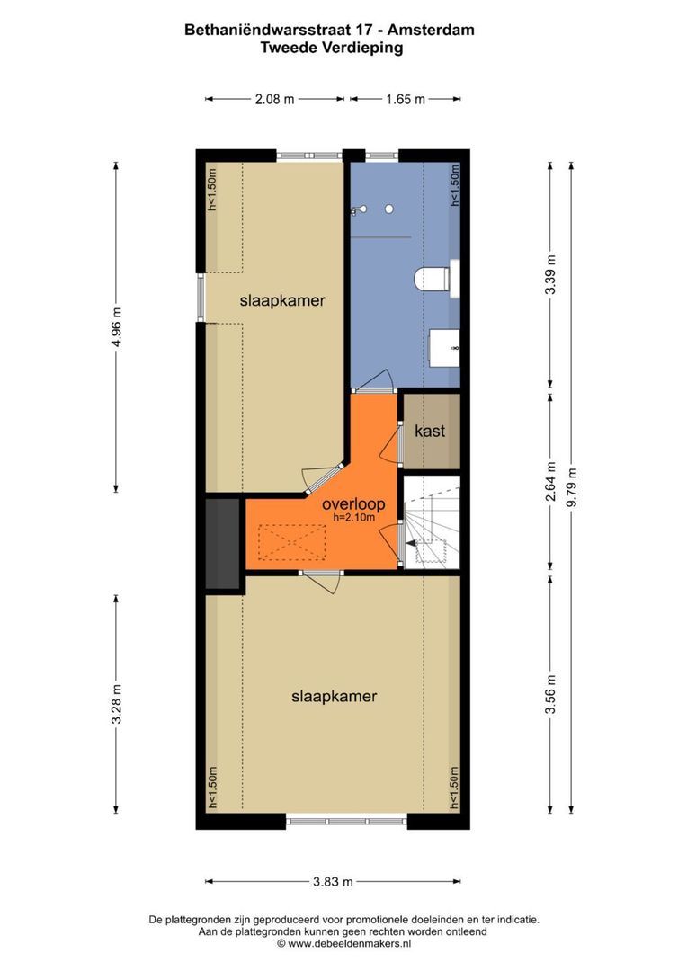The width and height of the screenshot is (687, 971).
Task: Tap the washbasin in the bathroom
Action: click(445, 349)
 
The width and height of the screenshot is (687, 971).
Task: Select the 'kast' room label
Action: click(430, 431)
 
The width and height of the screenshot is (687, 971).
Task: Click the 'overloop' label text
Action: click(353, 504)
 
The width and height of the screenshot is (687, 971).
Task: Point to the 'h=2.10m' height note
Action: click(353, 519)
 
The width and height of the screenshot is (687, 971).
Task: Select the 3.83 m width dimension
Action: click(334, 881)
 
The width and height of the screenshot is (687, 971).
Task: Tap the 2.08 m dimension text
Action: click(274, 99)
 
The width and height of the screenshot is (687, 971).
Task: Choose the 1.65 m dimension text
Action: click(406, 99)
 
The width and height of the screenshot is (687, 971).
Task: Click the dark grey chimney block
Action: click(222, 544)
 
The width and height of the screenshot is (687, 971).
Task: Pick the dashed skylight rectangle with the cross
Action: click(291, 542)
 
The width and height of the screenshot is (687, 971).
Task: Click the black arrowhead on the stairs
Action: click(411, 544)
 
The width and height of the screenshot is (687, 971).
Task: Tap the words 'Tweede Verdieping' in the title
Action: click(332, 48)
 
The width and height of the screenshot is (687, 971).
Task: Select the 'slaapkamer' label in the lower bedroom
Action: click(334, 696)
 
